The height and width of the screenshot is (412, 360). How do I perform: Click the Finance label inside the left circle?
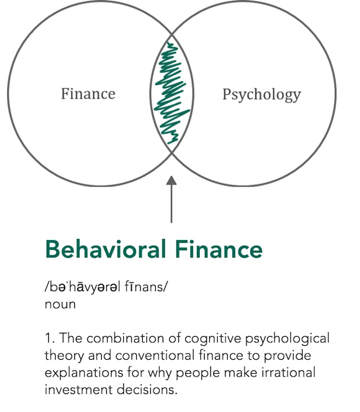(x=88, y=93)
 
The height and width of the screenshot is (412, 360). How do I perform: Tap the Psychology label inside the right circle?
(x=262, y=94)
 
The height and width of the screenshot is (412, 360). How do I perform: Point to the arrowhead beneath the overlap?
(x=172, y=181)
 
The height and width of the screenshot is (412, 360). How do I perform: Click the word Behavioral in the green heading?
(x=105, y=249)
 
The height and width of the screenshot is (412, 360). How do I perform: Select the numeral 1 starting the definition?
(x=48, y=339)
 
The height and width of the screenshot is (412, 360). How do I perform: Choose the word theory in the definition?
(x=64, y=356)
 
